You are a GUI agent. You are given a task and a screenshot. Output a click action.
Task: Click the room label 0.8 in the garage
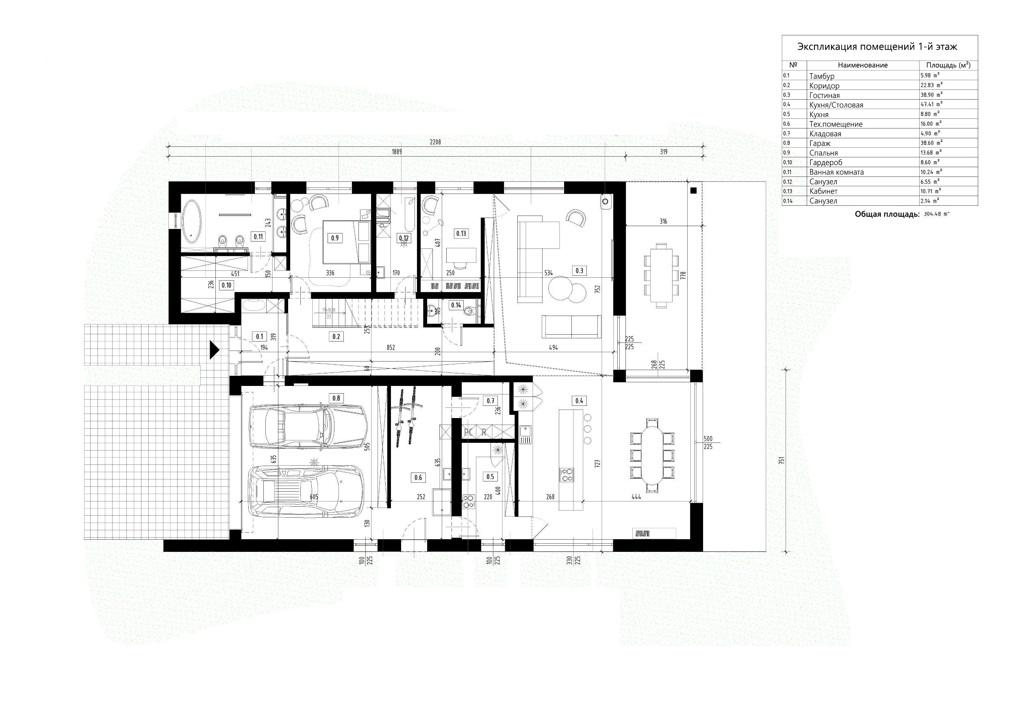(x=336, y=398)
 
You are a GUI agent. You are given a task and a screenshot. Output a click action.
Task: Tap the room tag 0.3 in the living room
(x=579, y=270)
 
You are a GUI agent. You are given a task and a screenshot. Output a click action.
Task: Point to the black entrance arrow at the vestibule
(x=214, y=349)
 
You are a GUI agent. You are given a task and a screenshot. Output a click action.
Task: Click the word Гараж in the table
(x=820, y=144)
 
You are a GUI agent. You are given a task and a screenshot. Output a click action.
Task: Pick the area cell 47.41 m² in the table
(x=931, y=105)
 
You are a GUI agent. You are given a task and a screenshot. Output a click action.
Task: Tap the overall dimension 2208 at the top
(x=435, y=142)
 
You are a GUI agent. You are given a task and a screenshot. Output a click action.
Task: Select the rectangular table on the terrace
(x=661, y=275)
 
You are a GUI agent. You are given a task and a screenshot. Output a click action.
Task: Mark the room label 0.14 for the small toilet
(x=456, y=305)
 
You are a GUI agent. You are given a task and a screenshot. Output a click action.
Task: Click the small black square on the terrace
(x=693, y=191)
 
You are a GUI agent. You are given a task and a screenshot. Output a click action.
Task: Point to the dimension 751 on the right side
(x=782, y=460)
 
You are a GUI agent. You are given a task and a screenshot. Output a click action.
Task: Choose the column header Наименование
(x=862, y=65)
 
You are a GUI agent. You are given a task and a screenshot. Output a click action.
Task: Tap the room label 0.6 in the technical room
(x=418, y=477)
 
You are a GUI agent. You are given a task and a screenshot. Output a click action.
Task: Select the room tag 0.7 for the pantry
(x=490, y=401)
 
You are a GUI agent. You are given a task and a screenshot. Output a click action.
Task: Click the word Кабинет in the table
(x=823, y=191)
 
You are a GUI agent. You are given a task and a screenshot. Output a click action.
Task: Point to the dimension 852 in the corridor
(x=391, y=348)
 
